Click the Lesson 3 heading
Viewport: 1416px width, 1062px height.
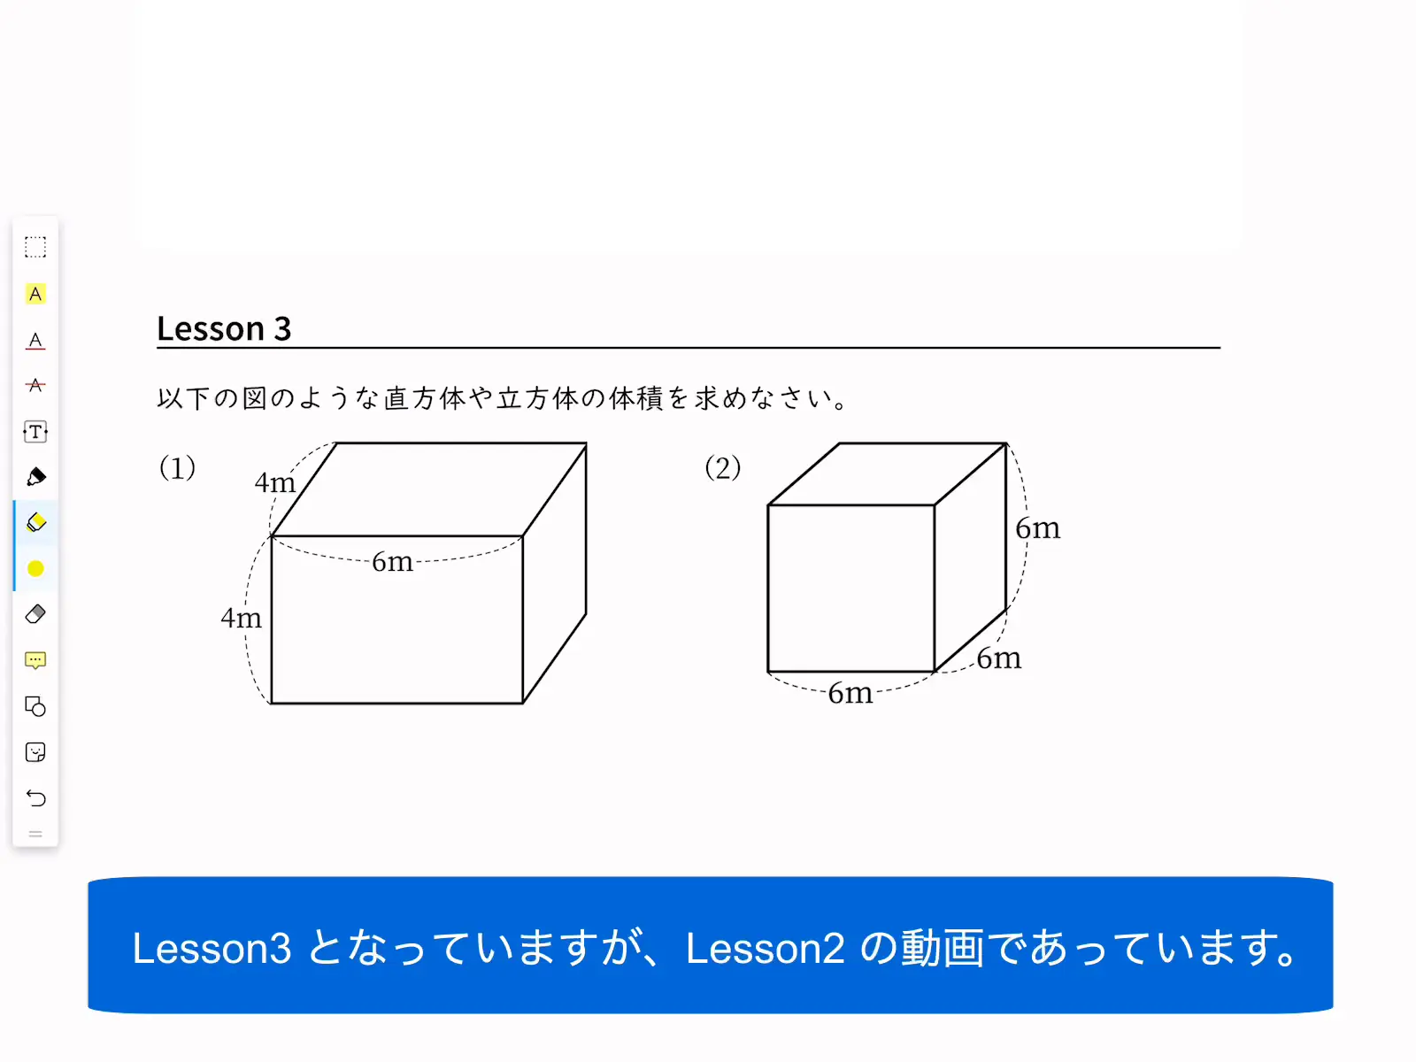point(224,328)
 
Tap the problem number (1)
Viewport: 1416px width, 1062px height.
point(177,467)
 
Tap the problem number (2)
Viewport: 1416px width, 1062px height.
point(722,467)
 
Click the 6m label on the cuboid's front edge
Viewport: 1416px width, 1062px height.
point(392,562)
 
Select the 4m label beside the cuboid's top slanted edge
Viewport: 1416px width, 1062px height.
point(275,482)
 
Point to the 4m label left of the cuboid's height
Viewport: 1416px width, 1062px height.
point(242,618)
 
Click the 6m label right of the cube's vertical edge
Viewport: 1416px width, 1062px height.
point(1037,528)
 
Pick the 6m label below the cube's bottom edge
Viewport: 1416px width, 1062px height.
point(850,693)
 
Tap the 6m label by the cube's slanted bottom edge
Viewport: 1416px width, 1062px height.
point(998,658)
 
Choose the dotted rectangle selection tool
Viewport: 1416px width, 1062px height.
point(35,247)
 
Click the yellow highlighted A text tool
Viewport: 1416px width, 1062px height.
point(35,294)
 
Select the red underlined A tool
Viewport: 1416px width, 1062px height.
point(35,341)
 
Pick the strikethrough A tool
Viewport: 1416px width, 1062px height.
point(35,385)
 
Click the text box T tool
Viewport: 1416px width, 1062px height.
point(35,431)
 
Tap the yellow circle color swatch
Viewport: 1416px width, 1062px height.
point(35,569)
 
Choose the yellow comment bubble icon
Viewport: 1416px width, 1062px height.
point(35,660)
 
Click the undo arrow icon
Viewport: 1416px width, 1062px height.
point(35,798)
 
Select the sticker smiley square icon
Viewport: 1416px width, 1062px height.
point(35,752)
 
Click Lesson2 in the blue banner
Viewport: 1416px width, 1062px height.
point(766,949)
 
